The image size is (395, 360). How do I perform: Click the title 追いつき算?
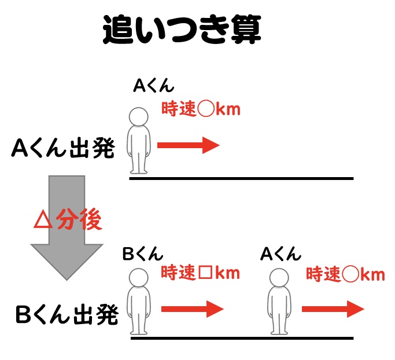[x=182, y=30]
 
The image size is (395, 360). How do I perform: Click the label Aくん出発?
[x=63, y=149]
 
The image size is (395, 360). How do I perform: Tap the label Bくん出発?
[x=67, y=315]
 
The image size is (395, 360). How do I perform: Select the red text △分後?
[x=68, y=220]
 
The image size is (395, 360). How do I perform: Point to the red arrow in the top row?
[x=189, y=145]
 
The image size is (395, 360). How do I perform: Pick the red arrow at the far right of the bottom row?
[x=333, y=309]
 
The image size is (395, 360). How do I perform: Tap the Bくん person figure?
[x=139, y=304]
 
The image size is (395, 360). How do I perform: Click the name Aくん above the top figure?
[x=153, y=86]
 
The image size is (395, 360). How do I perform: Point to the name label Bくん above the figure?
[x=143, y=254]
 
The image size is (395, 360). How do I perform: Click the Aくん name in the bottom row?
[x=280, y=254]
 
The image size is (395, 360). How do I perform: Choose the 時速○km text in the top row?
[x=200, y=109]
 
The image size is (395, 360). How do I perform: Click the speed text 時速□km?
[x=200, y=272]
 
